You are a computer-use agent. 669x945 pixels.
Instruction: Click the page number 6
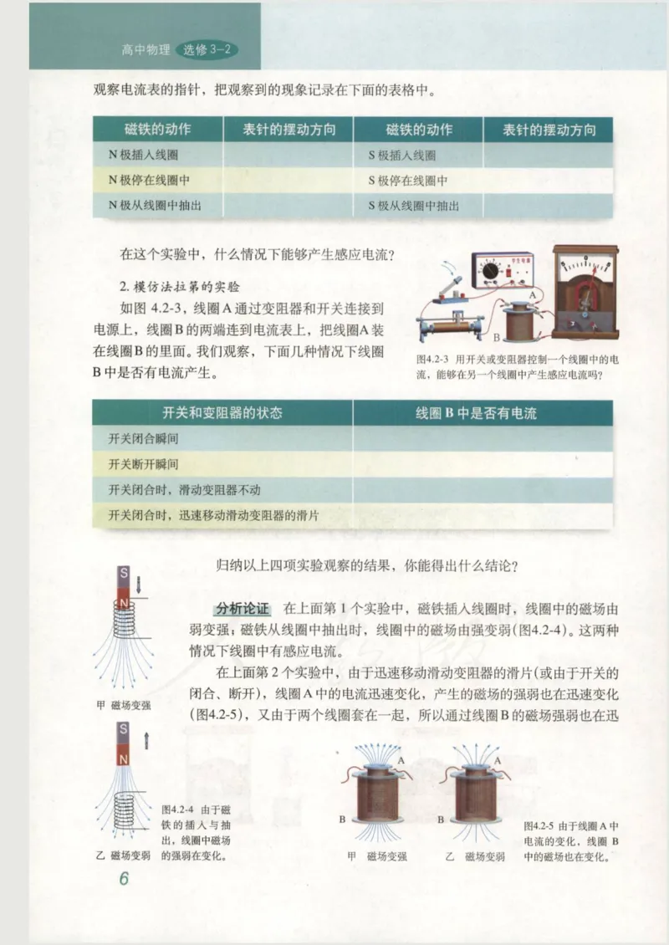(124, 879)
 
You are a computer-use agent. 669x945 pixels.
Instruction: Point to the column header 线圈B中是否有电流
(476, 413)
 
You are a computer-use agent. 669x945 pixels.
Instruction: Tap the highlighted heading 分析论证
(241, 607)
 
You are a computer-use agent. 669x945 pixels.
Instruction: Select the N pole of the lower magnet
(123, 759)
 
